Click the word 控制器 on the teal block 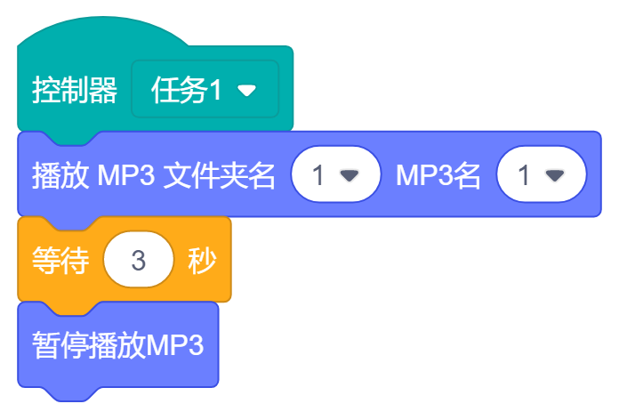(75, 90)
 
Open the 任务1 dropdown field (205, 90)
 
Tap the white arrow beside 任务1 (247, 91)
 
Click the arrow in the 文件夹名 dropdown (350, 176)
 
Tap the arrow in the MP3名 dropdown (555, 176)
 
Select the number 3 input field (138, 261)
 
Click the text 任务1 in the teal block (188, 90)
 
